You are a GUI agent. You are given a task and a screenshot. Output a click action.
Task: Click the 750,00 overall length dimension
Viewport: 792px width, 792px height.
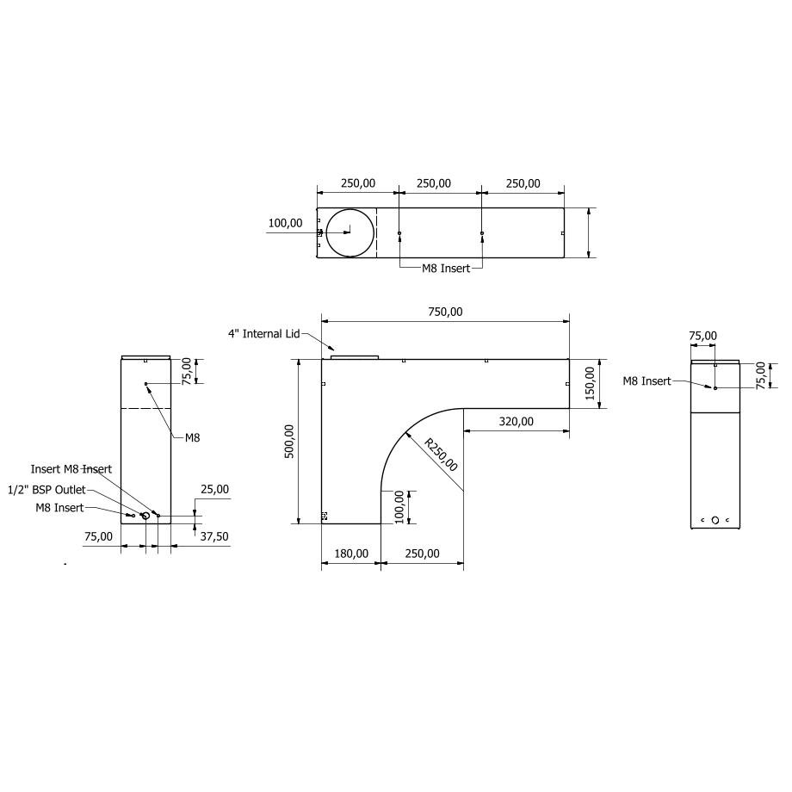[444, 312]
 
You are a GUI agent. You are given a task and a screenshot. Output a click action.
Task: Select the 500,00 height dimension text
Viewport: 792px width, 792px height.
[289, 442]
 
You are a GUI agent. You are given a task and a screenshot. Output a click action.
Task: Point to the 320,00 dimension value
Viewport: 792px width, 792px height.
[516, 421]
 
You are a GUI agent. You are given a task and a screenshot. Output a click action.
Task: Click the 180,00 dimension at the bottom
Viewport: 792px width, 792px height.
[350, 554]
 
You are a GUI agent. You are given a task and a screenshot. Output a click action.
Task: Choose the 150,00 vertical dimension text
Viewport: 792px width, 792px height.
[590, 383]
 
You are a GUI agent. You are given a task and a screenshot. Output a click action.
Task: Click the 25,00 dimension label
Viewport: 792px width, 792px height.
[214, 489]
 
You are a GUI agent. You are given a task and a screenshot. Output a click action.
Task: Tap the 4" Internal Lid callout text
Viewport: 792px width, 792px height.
[263, 333]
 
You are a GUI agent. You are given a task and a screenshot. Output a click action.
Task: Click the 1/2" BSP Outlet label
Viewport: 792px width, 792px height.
[46, 489]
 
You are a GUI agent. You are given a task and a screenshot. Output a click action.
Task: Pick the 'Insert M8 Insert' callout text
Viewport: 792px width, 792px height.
[71, 469]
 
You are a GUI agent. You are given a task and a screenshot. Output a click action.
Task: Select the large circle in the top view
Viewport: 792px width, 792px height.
[346, 232]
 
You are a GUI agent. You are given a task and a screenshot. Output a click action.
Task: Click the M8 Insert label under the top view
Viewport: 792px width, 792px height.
[445, 269]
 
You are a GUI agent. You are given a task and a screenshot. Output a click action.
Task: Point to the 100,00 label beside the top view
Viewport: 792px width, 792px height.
[285, 223]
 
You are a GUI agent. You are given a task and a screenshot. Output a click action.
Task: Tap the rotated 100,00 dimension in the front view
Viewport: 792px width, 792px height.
[399, 507]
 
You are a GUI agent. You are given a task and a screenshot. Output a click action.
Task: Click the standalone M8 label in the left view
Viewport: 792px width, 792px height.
[192, 437]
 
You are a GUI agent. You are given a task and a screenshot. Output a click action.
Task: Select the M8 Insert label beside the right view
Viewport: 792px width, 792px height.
[647, 381]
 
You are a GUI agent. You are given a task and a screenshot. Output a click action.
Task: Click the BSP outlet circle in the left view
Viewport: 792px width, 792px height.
[145, 516]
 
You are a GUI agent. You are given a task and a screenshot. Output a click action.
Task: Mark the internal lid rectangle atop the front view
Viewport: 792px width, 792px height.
[355, 356]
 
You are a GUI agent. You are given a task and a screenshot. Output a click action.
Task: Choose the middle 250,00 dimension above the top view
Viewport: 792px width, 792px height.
[433, 183]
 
